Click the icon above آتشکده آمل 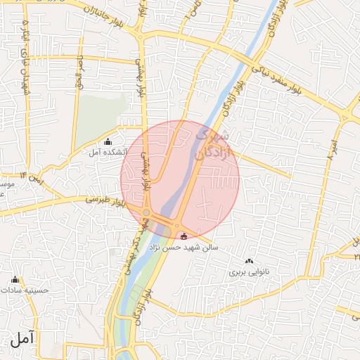[x=107, y=142]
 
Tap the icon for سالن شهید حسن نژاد [x=184, y=236]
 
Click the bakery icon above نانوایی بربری [x=249, y=261]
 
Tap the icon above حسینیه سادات [x=15, y=279]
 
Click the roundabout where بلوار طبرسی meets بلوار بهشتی [x=146, y=212]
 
